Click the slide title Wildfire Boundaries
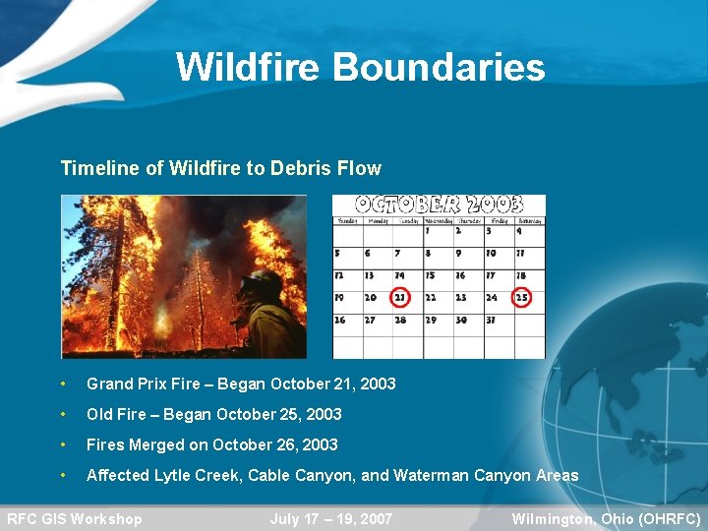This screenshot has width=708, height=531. point(360,68)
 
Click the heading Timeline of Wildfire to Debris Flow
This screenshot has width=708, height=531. point(220,168)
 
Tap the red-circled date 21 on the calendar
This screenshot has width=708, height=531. point(400,297)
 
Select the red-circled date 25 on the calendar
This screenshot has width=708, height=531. point(521,297)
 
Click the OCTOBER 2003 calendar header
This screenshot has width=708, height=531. point(439,205)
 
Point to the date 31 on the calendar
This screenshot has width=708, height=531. point(490,320)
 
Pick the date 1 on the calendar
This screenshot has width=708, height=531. point(428,231)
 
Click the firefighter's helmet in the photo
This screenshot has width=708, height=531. point(260,284)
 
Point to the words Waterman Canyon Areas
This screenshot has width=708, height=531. point(486,475)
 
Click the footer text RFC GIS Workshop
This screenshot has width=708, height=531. point(75,518)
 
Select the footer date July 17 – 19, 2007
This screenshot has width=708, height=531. point(331,518)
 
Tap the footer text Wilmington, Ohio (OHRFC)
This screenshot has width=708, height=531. point(606,518)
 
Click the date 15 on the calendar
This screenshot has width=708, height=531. point(430,275)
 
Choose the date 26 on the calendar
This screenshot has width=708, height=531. point(340,320)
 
